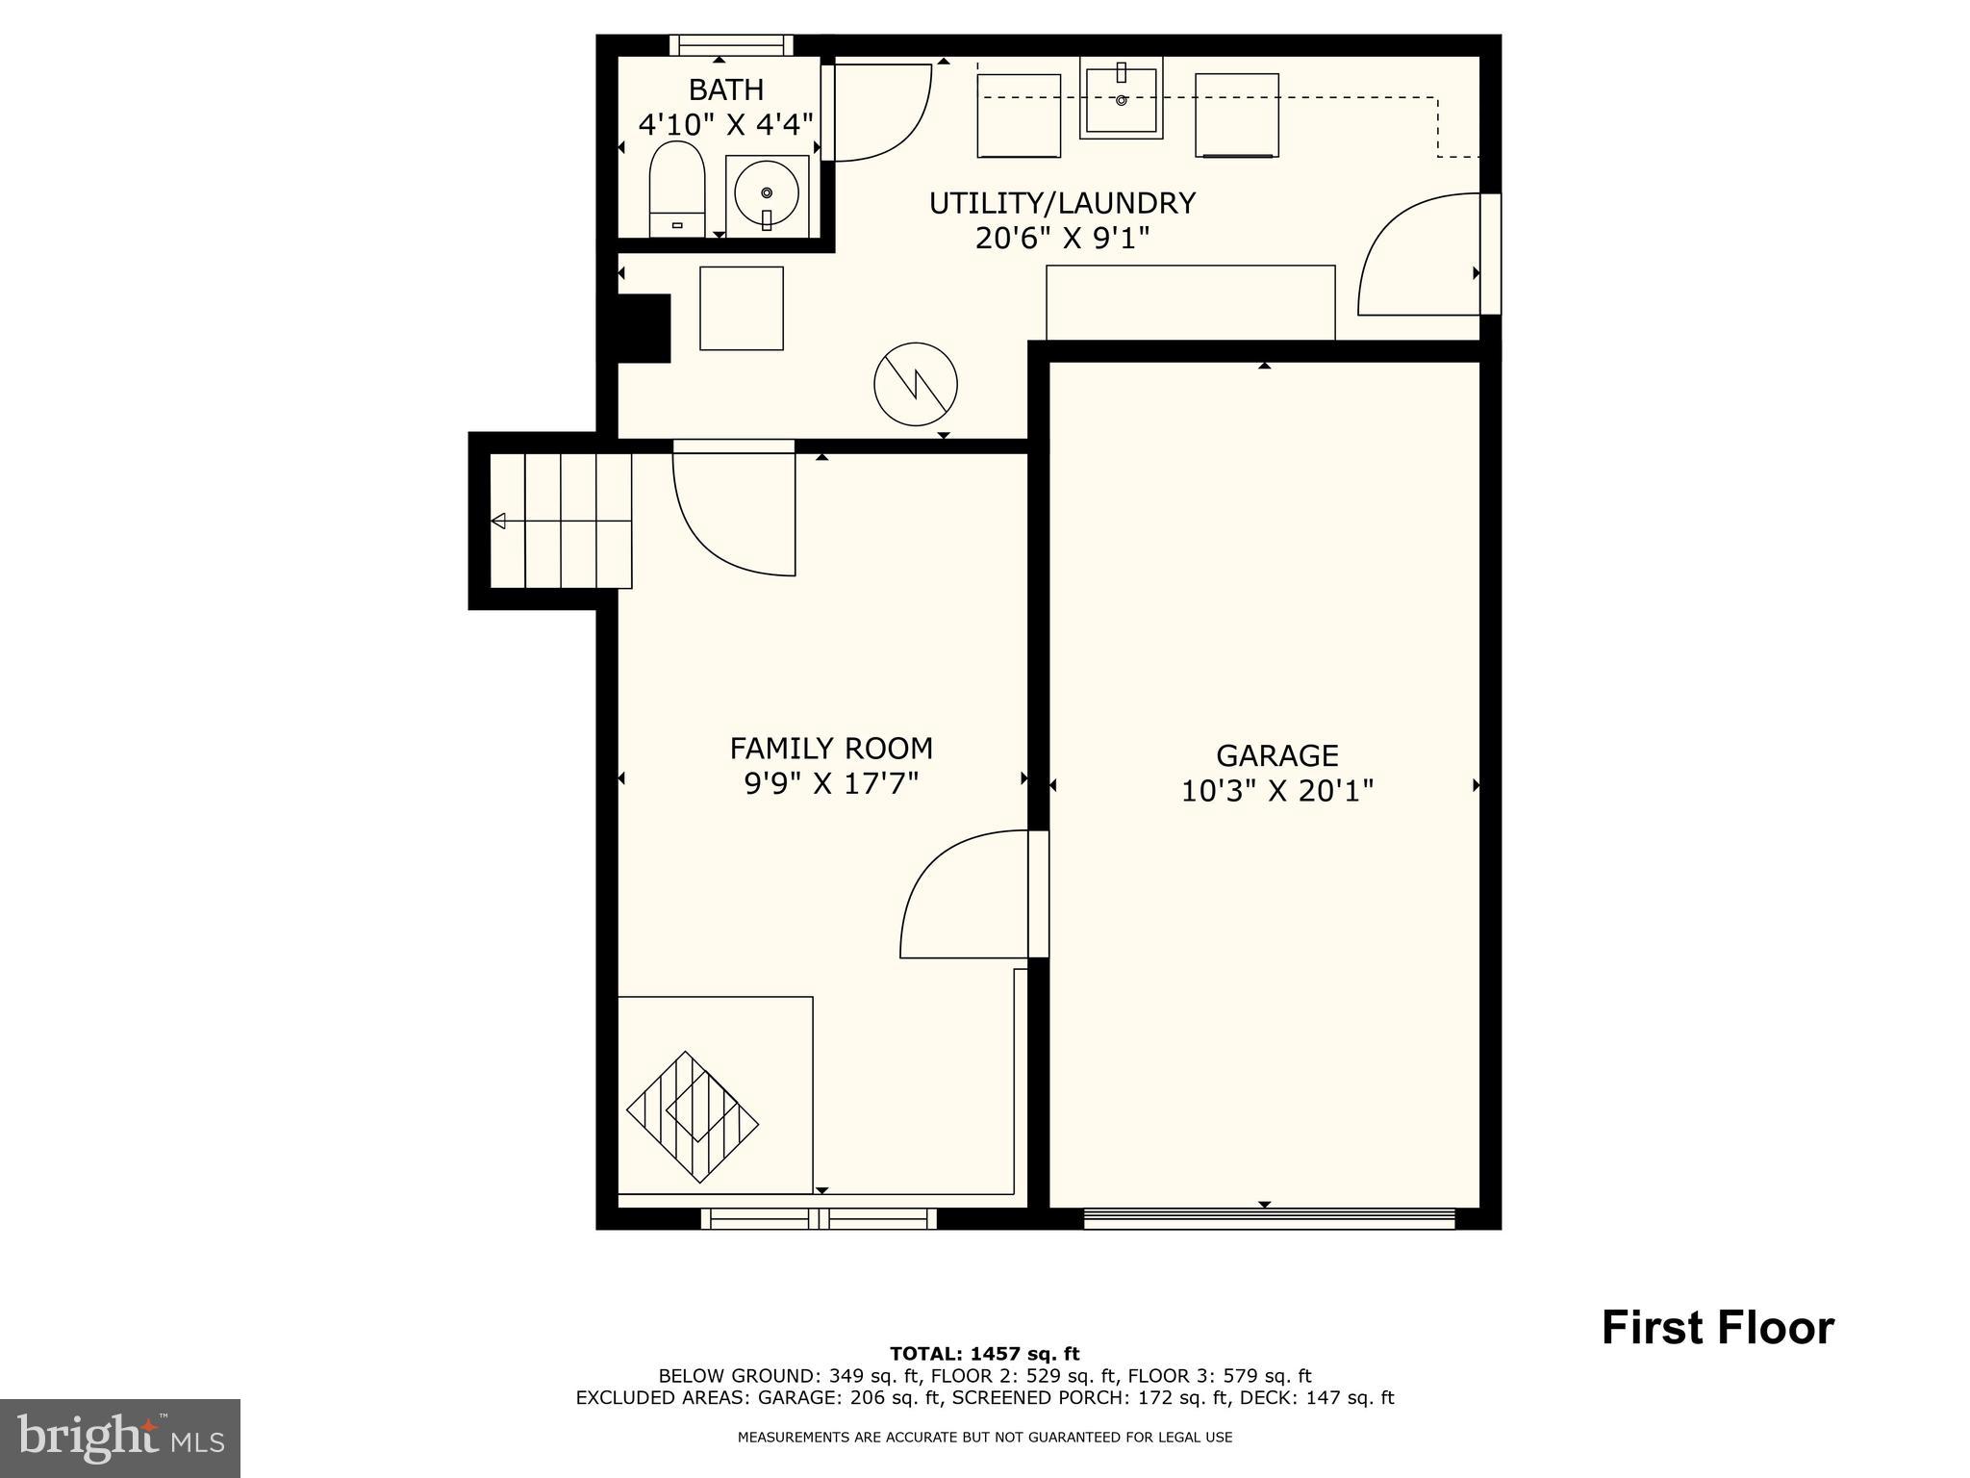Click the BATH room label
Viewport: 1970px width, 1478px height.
(x=726, y=89)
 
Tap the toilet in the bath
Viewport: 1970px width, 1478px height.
(x=677, y=188)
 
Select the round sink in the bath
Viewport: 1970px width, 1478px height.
(x=767, y=193)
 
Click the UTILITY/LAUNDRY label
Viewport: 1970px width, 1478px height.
(x=1062, y=203)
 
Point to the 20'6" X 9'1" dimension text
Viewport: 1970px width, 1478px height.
(x=1062, y=238)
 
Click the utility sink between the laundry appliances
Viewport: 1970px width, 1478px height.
(x=1122, y=97)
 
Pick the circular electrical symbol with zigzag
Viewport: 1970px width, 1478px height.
(x=916, y=384)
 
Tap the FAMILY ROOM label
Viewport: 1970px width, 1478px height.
(x=831, y=748)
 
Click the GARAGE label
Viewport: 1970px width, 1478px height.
(x=1276, y=755)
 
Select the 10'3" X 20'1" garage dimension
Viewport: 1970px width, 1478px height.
(x=1276, y=791)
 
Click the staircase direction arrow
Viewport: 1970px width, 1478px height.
(x=498, y=522)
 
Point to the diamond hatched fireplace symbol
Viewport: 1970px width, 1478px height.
(x=693, y=1117)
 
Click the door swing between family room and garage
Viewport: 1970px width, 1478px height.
(x=962, y=895)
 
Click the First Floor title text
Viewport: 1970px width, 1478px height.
(x=1717, y=1328)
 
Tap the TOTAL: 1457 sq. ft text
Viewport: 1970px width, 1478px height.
(x=984, y=1354)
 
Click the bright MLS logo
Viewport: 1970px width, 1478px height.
(x=120, y=1438)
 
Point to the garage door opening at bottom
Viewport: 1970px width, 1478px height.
(x=1269, y=1220)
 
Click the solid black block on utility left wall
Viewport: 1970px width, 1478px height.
(x=643, y=328)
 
